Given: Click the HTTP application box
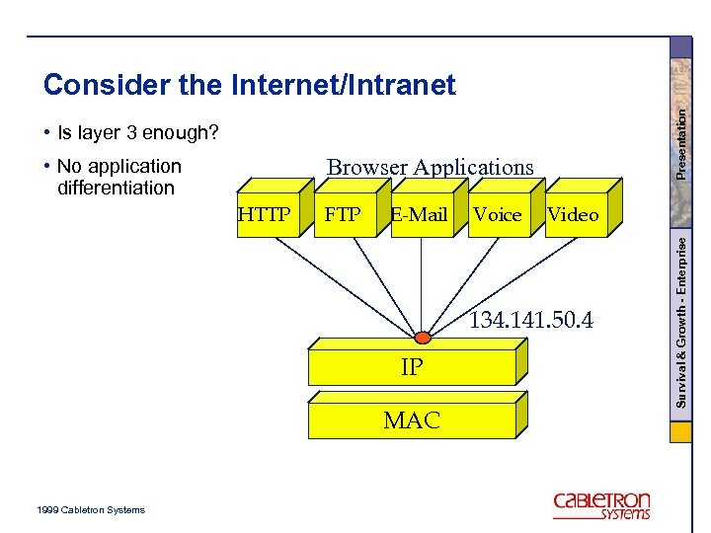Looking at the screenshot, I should (x=266, y=214).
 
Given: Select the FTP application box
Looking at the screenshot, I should (x=343, y=214).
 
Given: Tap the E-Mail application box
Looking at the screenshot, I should (x=419, y=214).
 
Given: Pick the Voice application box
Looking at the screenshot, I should (x=497, y=214).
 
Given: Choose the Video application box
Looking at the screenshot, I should (x=573, y=214).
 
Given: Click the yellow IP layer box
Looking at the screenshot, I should (x=412, y=367).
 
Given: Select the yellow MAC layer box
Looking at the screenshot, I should (x=412, y=420).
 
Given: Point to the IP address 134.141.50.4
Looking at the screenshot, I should (x=530, y=320).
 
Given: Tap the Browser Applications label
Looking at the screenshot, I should (x=430, y=168).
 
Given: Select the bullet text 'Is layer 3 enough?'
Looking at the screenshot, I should (x=137, y=132).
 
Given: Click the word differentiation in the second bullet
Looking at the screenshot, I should (x=116, y=188).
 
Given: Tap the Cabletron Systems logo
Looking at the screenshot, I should (x=601, y=504).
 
